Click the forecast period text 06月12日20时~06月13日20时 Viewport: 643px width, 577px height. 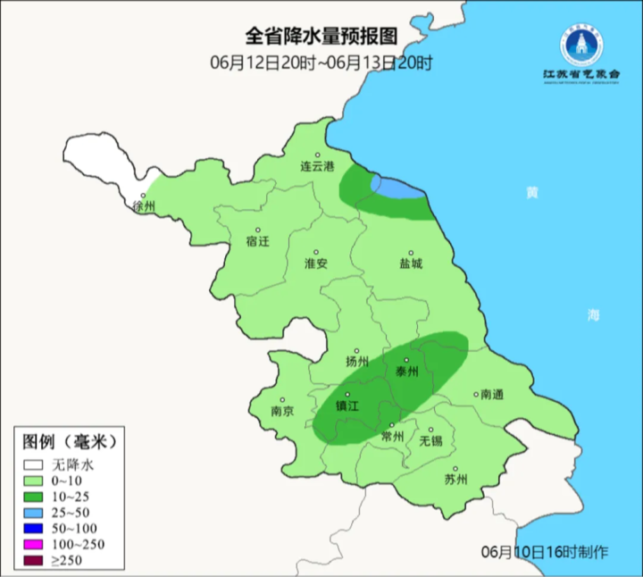coord(321,63)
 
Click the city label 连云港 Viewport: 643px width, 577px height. coord(316,167)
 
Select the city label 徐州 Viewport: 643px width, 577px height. coord(144,206)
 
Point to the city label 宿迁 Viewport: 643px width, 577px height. coord(256,241)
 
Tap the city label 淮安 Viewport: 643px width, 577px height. coord(316,263)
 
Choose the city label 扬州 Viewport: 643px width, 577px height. coord(357,362)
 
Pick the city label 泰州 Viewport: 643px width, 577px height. coord(406,372)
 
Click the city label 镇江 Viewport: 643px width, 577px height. coord(347,405)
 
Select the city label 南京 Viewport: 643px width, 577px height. coord(282,411)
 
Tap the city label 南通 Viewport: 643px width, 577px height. coord(491,394)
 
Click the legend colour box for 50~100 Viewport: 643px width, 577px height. coord(34,529)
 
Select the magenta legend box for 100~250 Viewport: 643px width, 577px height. coord(34,545)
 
